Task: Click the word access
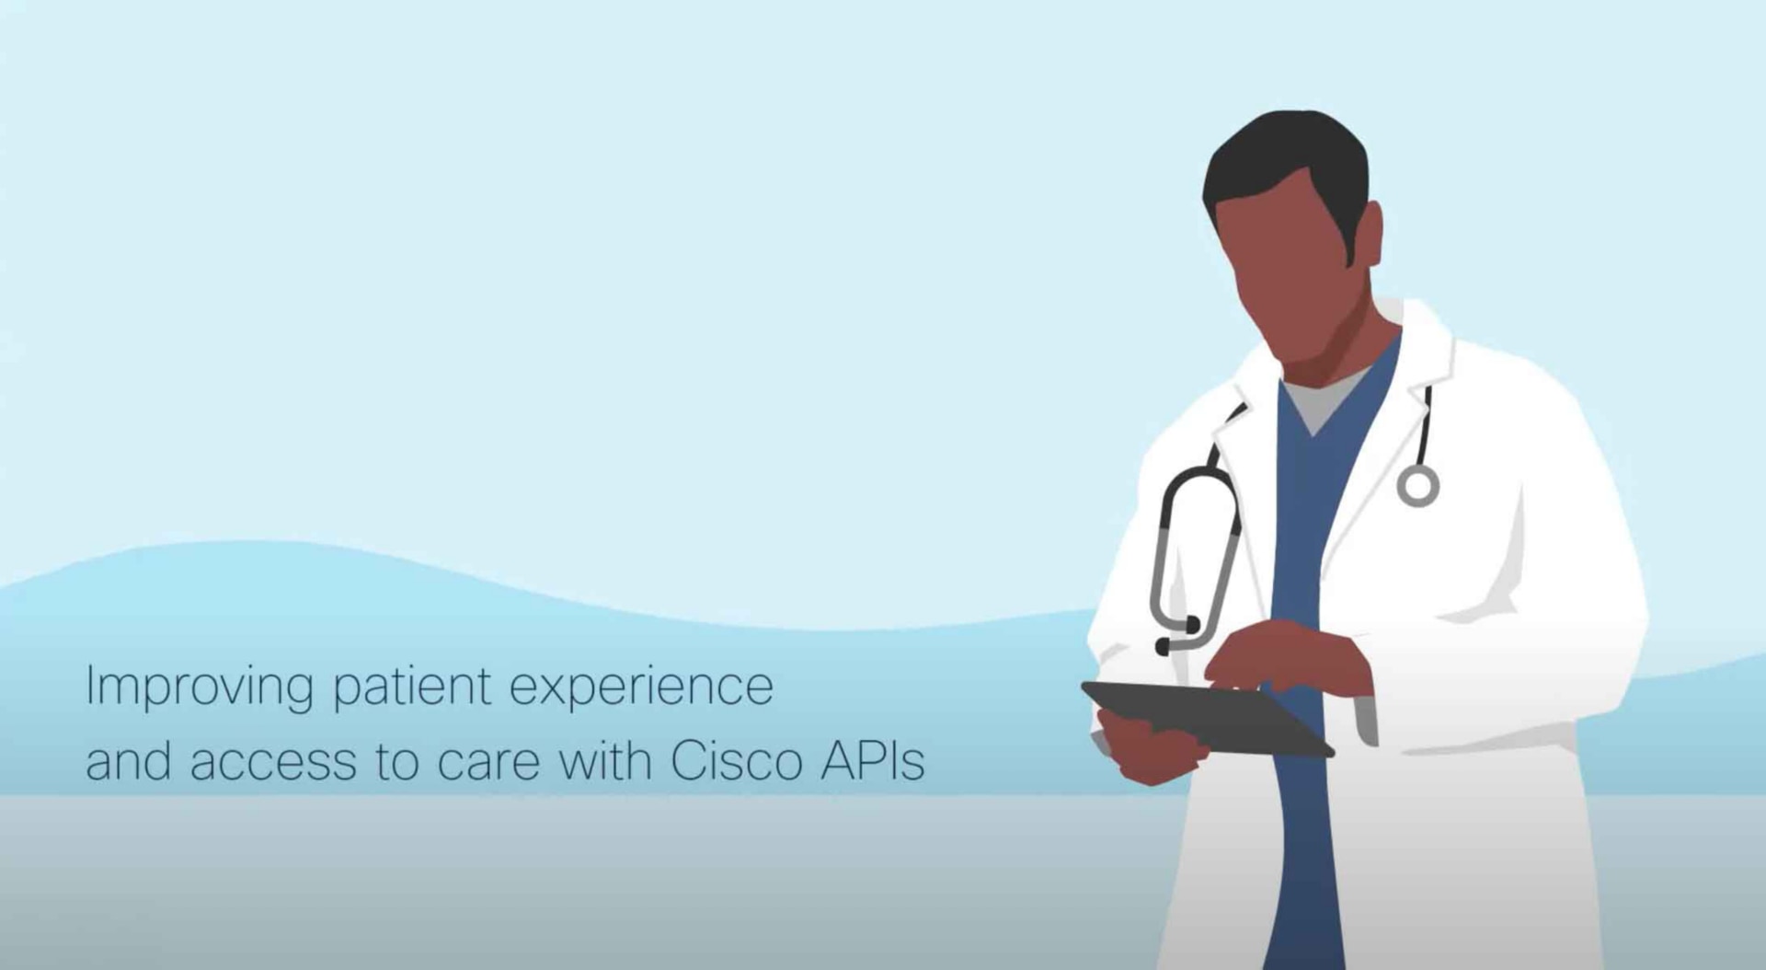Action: tap(273, 763)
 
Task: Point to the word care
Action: tap(487, 763)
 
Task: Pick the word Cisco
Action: tap(736, 761)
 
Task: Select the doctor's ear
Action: tap(1369, 235)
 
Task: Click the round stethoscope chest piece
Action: tap(1417, 485)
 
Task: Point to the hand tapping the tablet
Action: tap(1288, 658)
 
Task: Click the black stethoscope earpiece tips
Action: tap(1178, 636)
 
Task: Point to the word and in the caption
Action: tap(128, 761)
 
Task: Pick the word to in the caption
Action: tap(397, 763)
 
